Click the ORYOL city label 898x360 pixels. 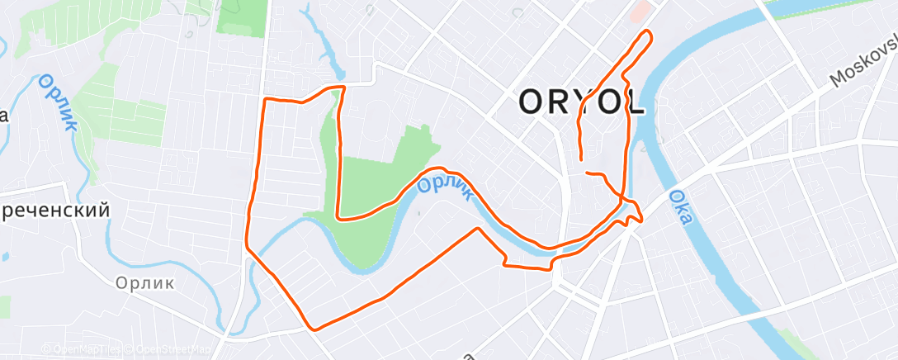pyautogui.click(x=581, y=103)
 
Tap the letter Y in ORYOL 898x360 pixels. pyautogui.click(x=581, y=103)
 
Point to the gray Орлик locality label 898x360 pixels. pyautogui.click(x=144, y=283)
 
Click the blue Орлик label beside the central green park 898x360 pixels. pyautogui.click(x=445, y=185)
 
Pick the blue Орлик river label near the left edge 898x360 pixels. pyautogui.click(x=58, y=102)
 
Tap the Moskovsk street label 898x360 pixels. pyautogui.click(x=863, y=62)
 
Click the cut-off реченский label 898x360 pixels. pyautogui.click(x=54, y=211)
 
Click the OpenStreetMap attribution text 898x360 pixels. pyautogui.click(x=170, y=349)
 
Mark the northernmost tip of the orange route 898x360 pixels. pyautogui.click(x=648, y=31)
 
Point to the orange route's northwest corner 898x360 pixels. pyautogui.click(x=264, y=99)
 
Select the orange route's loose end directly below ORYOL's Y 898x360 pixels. pyautogui.click(x=581, y=158)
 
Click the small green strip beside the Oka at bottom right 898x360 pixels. pyautogui.click(x=792, y=339)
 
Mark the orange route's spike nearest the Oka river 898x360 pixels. pyautogui.click(x=640, y=220)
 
